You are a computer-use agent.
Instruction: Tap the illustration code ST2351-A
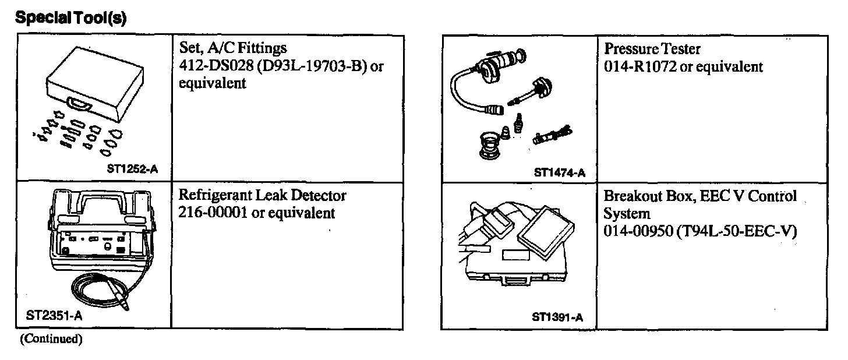click(x=54, y=316)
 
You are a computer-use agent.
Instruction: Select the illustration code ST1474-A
click(x=559, y=172)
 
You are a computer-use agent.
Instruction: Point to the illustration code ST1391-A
click(x=557, y=317)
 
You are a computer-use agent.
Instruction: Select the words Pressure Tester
click(x=652, y=48)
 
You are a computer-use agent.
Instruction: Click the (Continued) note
click(x=51, y=340)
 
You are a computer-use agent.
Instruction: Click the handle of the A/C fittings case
click(x=77, y=104)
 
